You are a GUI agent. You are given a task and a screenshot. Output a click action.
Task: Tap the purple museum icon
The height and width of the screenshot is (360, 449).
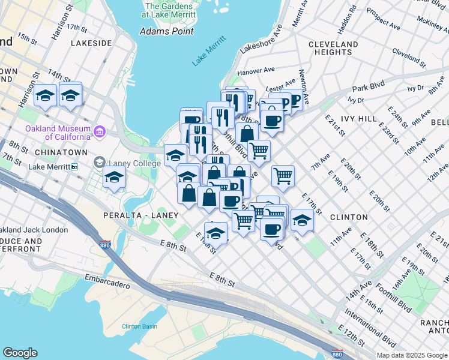[x=100, y=131]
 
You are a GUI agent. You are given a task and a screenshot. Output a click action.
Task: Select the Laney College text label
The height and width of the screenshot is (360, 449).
[x=127, y=161]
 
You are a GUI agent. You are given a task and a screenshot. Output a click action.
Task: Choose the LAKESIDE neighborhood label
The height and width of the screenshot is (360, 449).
[x=91, y=43]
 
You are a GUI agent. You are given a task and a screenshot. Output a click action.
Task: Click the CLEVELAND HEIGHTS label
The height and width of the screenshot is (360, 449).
[x=334, y=49]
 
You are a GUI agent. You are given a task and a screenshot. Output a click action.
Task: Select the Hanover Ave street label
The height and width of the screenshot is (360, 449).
[x=255, y=71]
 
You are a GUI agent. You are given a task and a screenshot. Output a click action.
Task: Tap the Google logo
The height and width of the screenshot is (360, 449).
[x=20, y=353]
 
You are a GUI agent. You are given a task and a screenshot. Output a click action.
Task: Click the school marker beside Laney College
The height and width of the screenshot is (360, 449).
[x=114, y=177]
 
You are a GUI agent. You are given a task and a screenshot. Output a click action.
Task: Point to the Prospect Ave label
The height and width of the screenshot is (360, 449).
[x=383, y=19]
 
